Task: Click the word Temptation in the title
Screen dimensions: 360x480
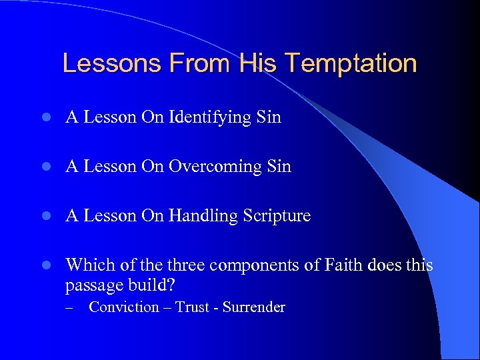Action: [351, 64]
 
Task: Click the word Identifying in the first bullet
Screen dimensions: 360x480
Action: [211, 118]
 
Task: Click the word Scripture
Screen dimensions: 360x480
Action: [278, 216]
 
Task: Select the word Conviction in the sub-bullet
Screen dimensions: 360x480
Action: [124, 307]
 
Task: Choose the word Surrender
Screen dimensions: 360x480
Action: [254, 307]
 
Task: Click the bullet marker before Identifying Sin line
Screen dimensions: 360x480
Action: [44, 118]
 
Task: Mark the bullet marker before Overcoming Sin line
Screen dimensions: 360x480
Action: [44, 167]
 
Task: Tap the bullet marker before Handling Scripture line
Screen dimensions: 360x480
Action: [44, 216]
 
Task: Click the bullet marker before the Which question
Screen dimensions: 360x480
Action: [44, 265]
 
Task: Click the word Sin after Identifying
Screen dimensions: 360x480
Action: [268, 118]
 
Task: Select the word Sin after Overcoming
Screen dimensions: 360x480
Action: [278, 167]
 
